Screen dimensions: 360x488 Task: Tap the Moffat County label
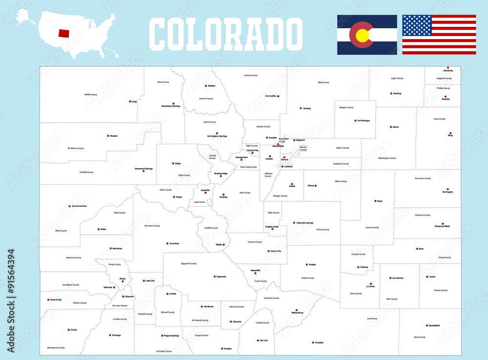(91, 94)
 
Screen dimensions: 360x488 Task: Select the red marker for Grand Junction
(70, 206)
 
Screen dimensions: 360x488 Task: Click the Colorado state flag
(367, 35)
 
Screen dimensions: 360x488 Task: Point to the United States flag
(439, 35)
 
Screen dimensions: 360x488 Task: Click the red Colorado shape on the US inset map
(64, 33)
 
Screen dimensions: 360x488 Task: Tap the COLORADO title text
(225, 33)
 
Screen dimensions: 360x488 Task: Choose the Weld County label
(323, 82)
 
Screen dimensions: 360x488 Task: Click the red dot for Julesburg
(448, 68)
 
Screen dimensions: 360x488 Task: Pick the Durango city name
(116, 335)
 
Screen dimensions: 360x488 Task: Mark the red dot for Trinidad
(312, 342)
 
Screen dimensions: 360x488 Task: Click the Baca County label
(419, 337)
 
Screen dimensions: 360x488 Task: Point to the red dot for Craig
(130, 101)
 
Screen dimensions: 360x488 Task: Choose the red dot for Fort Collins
(278, 96)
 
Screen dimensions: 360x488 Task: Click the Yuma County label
(439, 119)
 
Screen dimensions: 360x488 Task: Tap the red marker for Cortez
(69, 330)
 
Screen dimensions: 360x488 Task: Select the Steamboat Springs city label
(171, 106)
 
